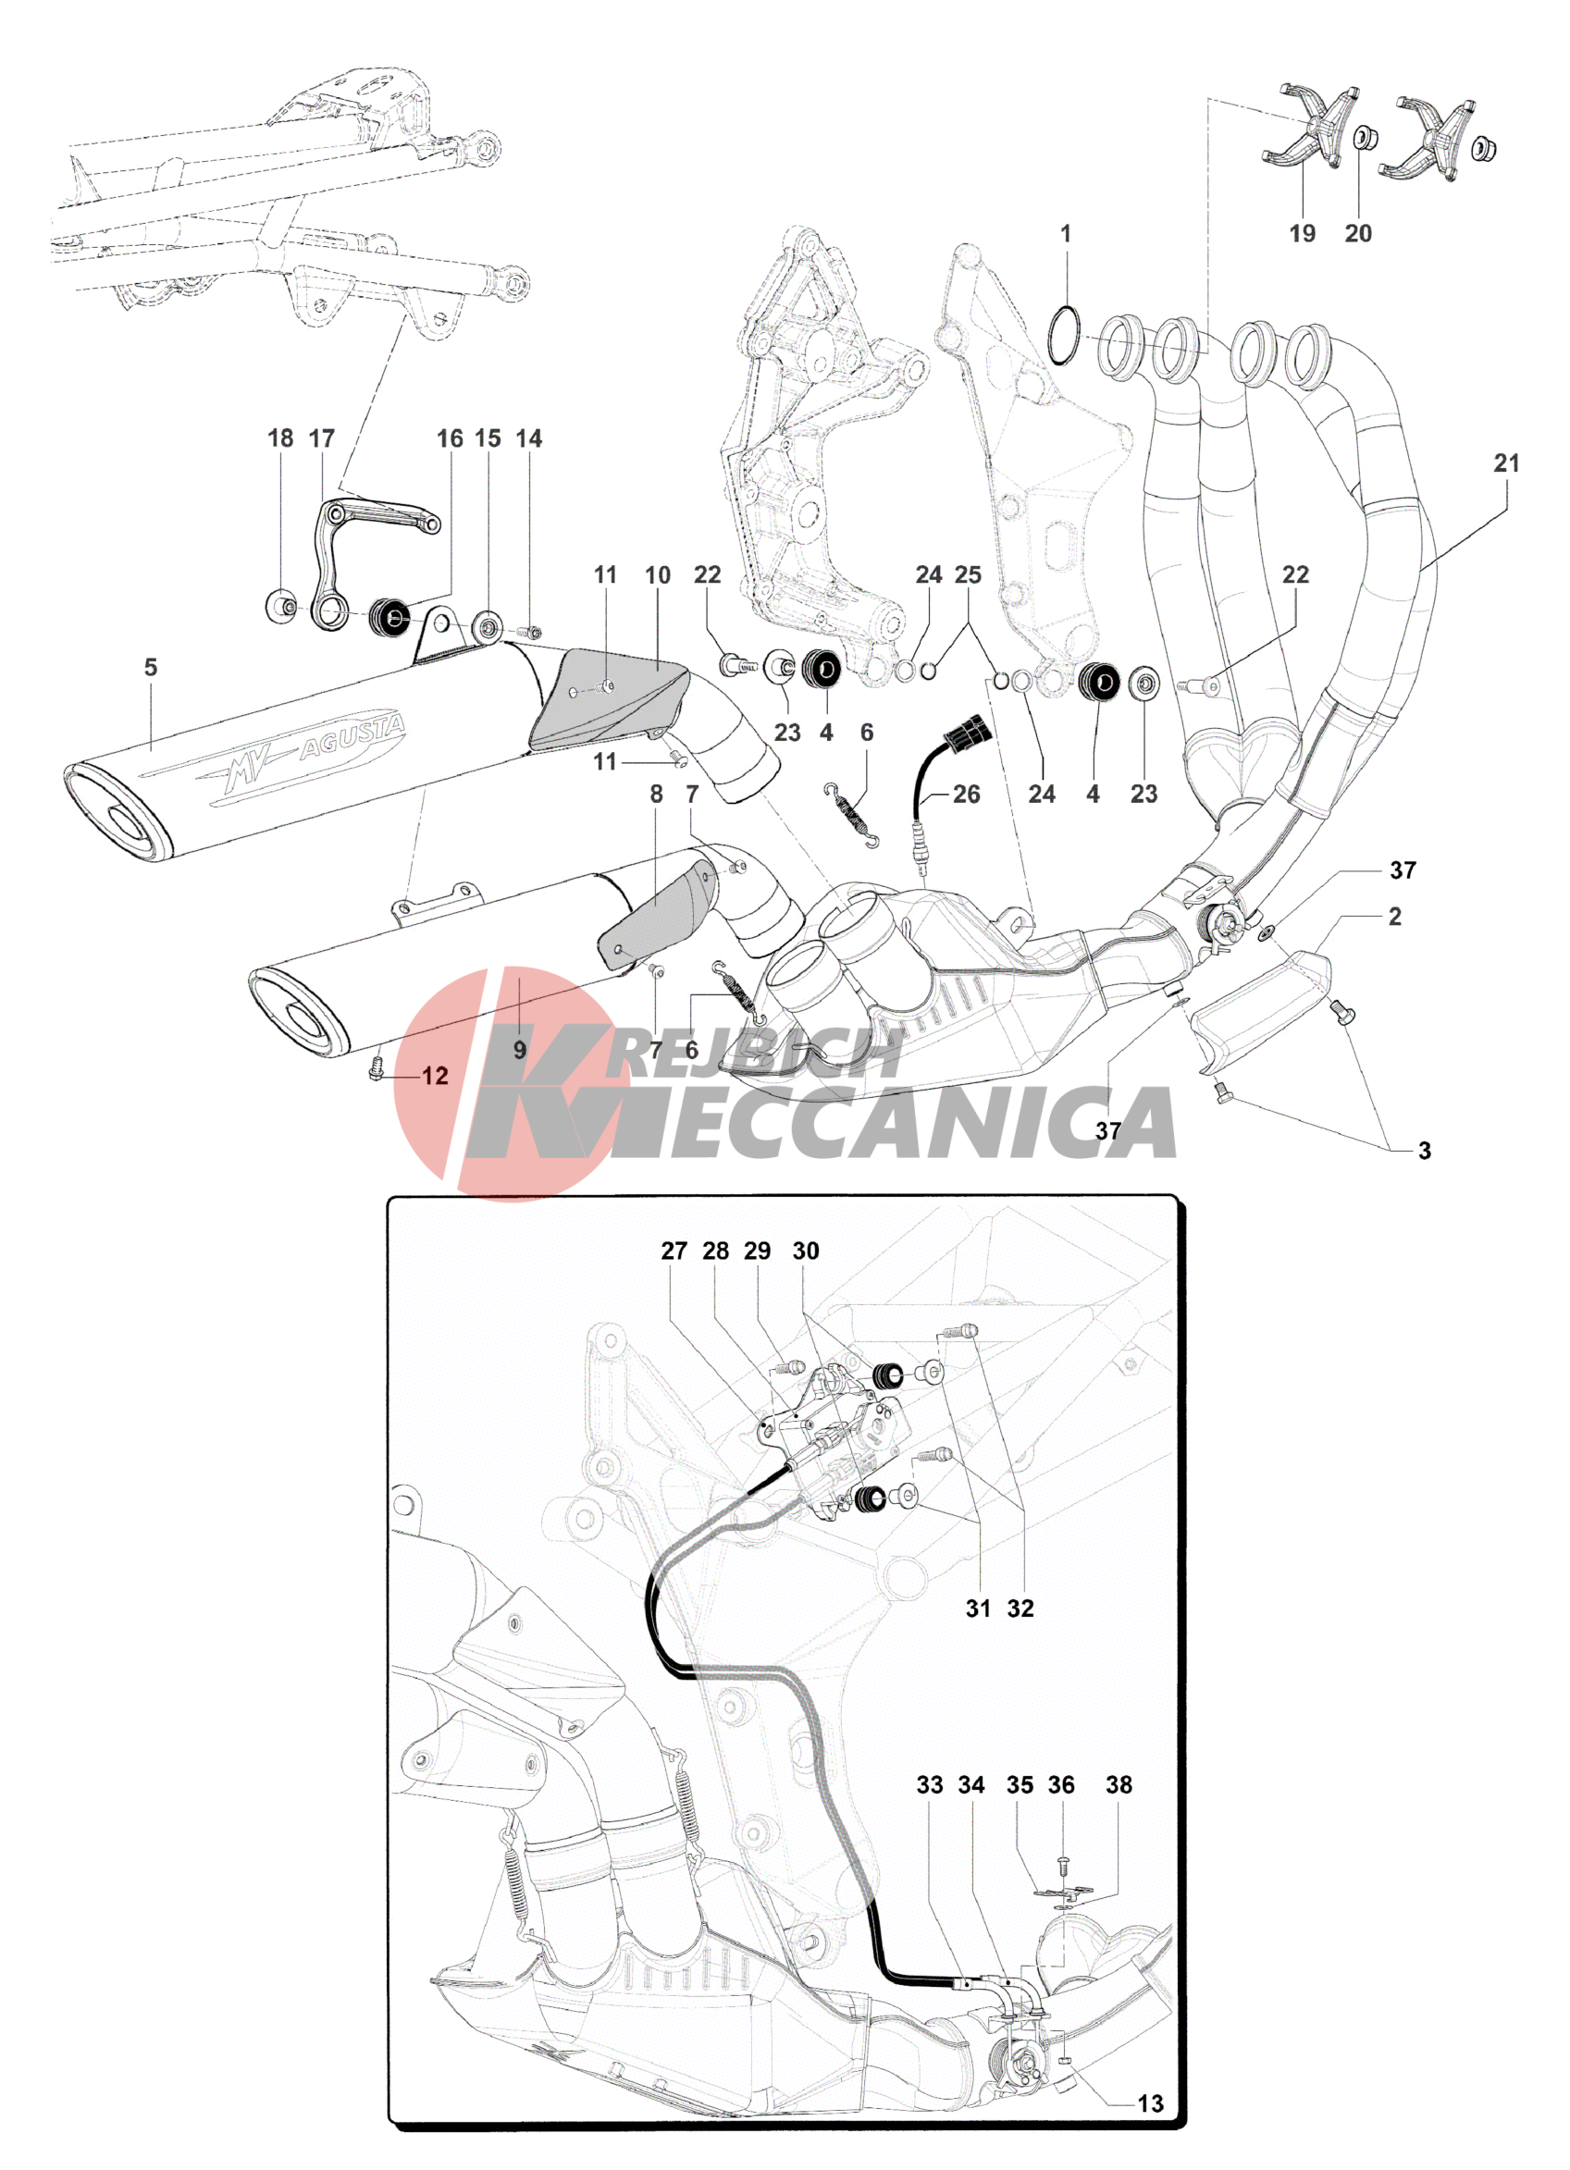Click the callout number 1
click(1065, 233)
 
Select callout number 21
click(1506, 463)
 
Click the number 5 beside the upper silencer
click(150, 667)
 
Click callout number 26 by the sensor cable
click(965, 795)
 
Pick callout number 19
click(1301, 233)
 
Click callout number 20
click(1357, 233)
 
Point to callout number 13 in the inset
click(1150, 2103)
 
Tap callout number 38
click(1119, 1784)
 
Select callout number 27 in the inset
click(674, 1251)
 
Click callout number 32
click(1020, 1609)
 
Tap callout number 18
click(279, 438)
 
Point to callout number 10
click(657, 575)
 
